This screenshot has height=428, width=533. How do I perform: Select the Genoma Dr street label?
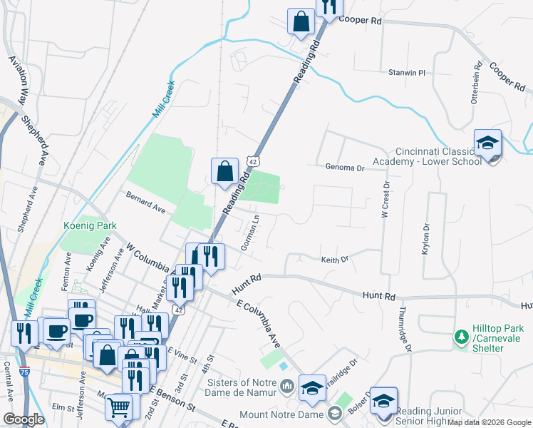click(345, 168)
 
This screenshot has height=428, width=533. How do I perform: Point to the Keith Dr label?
click(334, 260)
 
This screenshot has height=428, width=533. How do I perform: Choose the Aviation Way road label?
click(17, 79)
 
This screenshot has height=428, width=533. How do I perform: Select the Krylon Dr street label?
click(426, 240)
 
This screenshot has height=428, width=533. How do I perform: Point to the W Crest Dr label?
click(386, 199)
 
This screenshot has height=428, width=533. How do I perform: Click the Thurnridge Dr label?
click(405, 329)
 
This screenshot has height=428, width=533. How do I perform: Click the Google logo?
click(24, 419)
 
